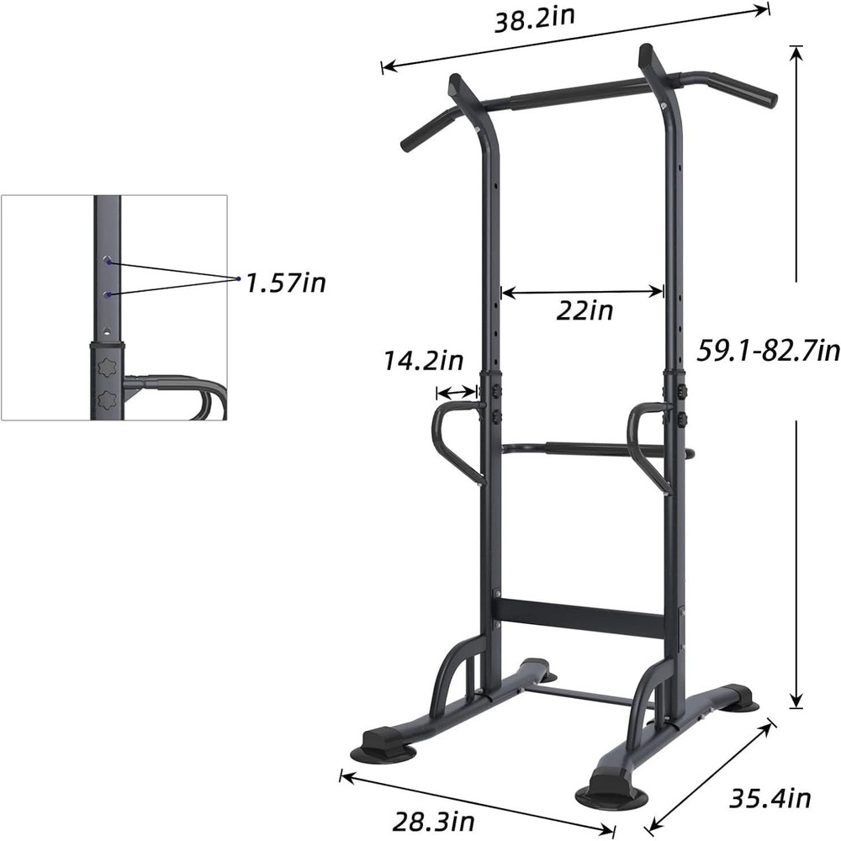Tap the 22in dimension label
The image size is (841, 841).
coord(584,312)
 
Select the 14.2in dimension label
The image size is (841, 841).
coord(424,362)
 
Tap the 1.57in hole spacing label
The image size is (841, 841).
coord(285,283)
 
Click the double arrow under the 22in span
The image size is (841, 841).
coord(582,292)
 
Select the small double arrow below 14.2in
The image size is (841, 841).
coord(457,392)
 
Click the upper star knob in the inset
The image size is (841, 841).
coord(107,368)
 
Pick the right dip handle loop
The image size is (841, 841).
coord(650,446)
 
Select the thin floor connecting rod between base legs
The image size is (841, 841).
coord(580,694)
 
